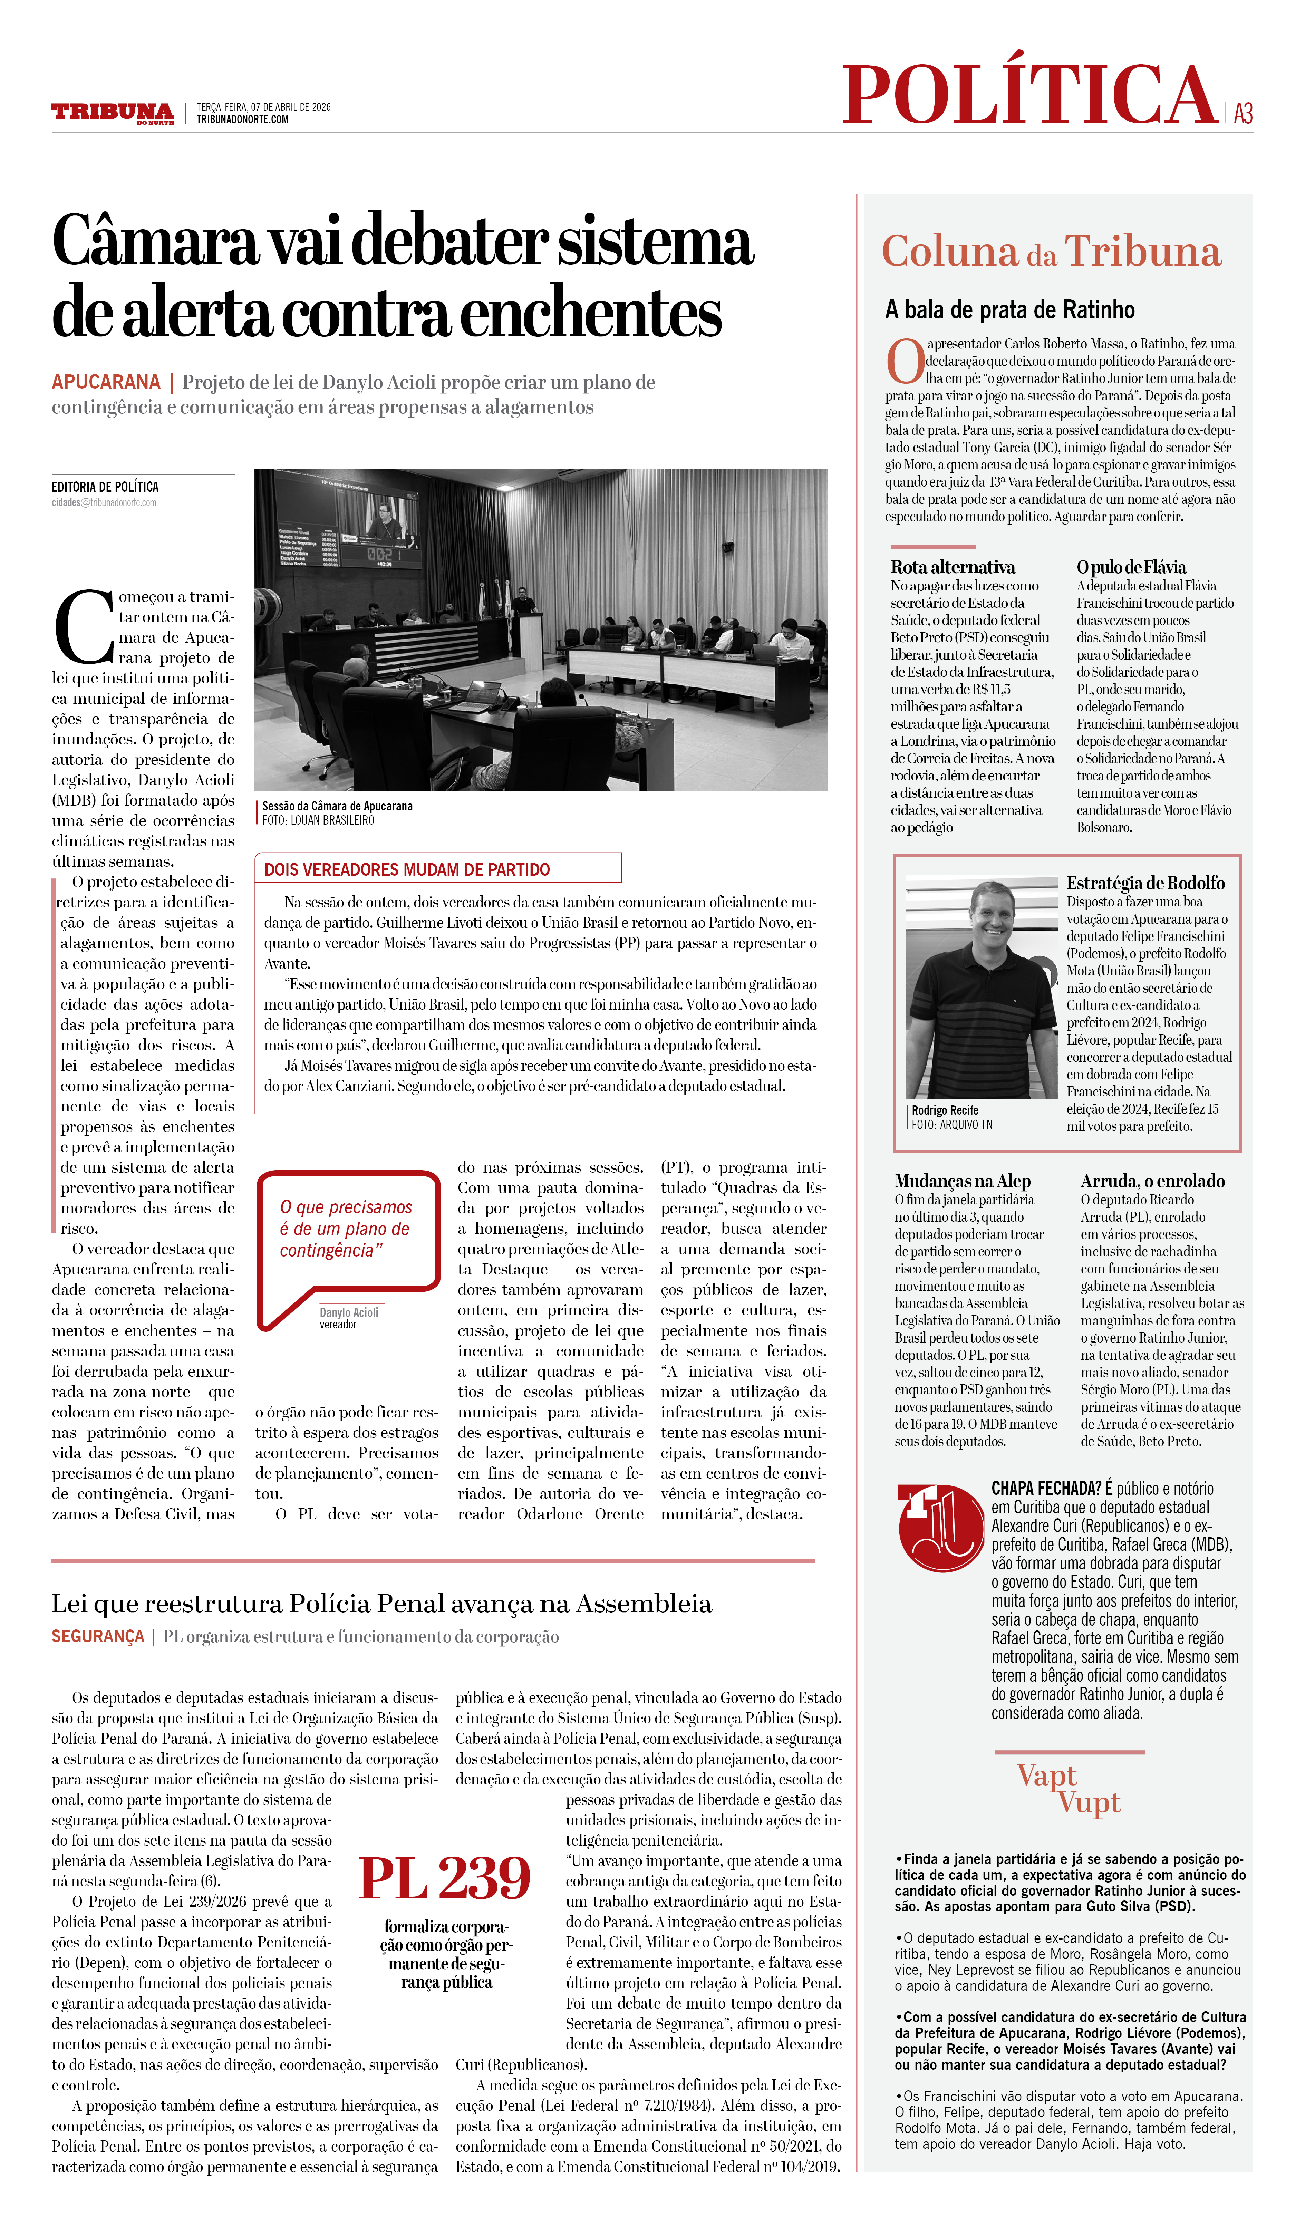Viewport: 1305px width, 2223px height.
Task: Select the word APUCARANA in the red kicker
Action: coord(106,382)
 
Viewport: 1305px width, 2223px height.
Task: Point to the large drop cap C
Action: coord(84,626)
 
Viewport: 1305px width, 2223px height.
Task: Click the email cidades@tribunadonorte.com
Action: coord(104,503)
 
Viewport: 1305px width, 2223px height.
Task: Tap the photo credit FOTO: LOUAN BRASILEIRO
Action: coord(318,820)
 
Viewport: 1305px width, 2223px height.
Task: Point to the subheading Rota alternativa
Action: coord(952,567)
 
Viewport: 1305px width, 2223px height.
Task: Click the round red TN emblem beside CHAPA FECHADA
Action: coord(940,1528)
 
